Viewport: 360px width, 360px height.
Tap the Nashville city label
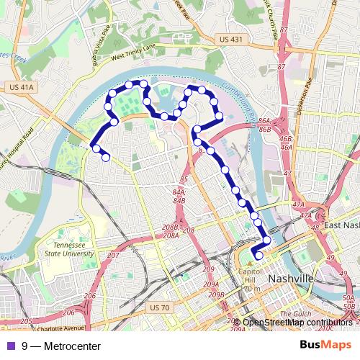tap(290, 279)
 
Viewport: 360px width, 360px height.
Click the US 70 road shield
tap(158, 307)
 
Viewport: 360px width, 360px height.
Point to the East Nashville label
tap(340, 225)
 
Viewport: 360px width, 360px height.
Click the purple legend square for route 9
tap(9, 346)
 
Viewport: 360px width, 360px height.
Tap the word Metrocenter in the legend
tap(72, 346)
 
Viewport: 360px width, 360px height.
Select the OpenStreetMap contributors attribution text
tap(297, 323)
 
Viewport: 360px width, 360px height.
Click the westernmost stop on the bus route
tap(95, 148)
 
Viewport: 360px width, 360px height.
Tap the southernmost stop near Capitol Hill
tap(259, 255)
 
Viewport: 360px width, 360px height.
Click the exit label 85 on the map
tap(184, 179)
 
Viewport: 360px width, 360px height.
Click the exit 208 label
tap(189, 230)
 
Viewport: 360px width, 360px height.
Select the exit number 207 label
tap(113, 256)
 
